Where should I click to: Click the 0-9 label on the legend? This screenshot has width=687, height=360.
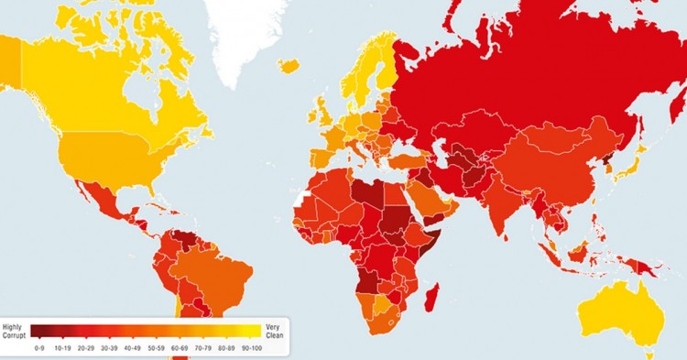click(38, 348)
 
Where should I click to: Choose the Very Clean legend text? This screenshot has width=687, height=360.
click(273, 331)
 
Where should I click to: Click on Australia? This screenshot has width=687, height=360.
click(616, 311)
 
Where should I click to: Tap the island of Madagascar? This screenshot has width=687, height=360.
click(433, 303)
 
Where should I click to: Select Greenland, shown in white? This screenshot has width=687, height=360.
click(247, 32)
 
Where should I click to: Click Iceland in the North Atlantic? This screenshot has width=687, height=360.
click(289, 65)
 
